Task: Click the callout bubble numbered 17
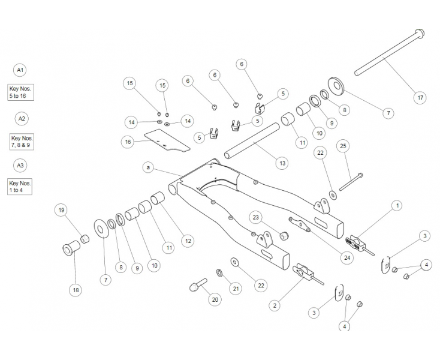point(420,97)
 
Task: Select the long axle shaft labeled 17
point(390,54)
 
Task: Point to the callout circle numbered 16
point(127,142)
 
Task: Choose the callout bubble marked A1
point(20,70)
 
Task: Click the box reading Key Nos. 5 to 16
point(21,92)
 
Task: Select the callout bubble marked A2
point(22,118)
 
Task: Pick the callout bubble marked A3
point(20,165)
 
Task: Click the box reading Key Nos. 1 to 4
point(20,186)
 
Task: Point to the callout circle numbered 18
point(76,290)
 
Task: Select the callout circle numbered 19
point(61,210)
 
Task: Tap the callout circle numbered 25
point(343,145)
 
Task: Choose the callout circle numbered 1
point(396,206)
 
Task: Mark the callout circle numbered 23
point(255,217)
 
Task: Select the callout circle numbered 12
point(187,241)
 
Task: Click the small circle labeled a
point(147,167)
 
